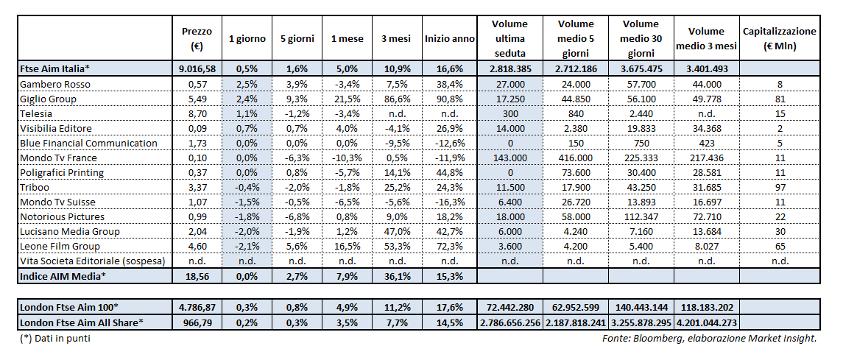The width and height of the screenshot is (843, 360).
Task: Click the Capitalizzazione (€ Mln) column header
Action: (779, 38)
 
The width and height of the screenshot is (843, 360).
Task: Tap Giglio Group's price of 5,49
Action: (196, 99)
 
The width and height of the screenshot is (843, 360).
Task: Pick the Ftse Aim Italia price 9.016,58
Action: (197, 68)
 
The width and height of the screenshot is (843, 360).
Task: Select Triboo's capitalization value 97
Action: (780, 187)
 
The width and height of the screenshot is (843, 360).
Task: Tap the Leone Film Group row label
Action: (60, 246)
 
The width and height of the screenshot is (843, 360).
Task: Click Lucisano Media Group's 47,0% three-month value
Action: (396, 231)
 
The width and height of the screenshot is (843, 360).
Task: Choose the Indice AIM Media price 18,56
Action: (197, 275)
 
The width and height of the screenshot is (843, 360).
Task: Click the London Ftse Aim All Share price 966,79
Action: (197, 322)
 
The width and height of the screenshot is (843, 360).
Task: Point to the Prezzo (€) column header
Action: (197, 38)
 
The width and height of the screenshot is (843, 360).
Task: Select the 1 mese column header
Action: (344, 38)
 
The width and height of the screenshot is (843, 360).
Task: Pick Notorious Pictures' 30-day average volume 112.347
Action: (646, 216)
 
